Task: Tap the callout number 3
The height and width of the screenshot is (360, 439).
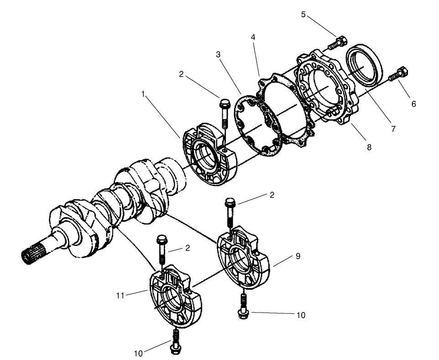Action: pyautogui.click(x=219, y=54)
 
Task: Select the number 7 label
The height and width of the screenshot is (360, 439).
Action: pyautogui.click(x=393, y=130)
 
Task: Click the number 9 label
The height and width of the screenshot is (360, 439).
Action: pyautogui.click(x=298, y=256)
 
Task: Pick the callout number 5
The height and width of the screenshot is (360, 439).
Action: pyautogui.click(x=303, y=14)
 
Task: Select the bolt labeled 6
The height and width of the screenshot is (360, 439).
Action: pyautogui.click(x=399, y=74)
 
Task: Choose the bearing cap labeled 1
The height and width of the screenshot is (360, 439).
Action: pyautogui.click(x=208, y=155)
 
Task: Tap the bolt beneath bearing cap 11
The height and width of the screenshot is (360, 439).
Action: pyautogui.click(x=174, y=342)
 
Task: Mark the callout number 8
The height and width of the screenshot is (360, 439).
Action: pyautogui.click(x=368, y=147)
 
